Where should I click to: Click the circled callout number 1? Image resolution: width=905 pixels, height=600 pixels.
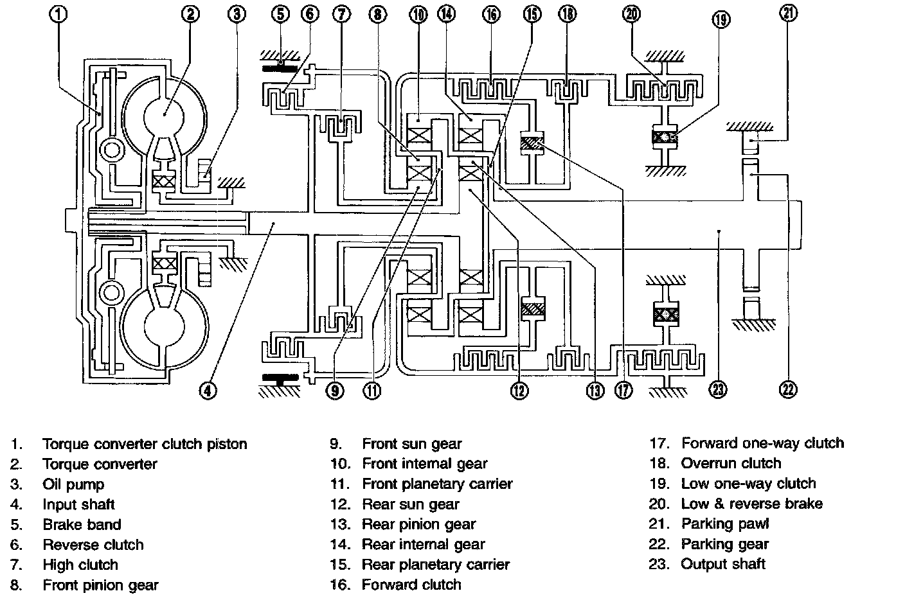click(x=58, y=14)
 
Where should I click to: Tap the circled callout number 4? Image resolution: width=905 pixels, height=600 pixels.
click(x=208, y=391)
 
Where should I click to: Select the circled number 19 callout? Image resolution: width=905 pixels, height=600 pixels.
click(x=721, y=19)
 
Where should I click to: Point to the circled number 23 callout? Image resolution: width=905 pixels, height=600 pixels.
click(x=718, y=390)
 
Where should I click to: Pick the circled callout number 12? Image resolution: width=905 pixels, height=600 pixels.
click(x=519, y=391)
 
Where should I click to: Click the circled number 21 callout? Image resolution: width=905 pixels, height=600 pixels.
click(x=788, y=13)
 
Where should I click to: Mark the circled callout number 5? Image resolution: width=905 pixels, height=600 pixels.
click(x=280, y=14)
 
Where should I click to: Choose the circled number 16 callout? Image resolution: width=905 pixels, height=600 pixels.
click(x=491, y=15)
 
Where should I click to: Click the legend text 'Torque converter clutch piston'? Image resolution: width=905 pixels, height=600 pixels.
click(x=145, y=444)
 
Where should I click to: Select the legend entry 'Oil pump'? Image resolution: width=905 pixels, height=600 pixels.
click(x=73, y=484)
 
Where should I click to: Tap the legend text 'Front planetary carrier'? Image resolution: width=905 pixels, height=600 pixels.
click(x=437, y=484)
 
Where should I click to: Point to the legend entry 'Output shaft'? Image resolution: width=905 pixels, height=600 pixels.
click(x=723, y=563)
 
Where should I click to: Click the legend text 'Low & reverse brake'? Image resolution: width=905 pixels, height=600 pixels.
click(x=751, y=504)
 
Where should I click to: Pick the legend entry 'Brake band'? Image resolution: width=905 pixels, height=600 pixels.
click(x=82, y=524)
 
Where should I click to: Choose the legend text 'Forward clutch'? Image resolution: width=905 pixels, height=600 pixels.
click(x=411, y=584)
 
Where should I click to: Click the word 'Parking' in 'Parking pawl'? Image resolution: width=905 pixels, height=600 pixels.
click(x=707, y=524)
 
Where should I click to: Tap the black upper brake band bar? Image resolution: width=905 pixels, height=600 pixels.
click(x=280, y=68)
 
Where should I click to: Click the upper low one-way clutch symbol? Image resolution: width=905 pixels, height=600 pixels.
click(x=665, y=137)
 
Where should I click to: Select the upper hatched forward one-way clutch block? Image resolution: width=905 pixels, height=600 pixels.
click(x=532, y=143)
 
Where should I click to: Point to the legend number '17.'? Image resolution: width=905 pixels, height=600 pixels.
click(x=659, y=443)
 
